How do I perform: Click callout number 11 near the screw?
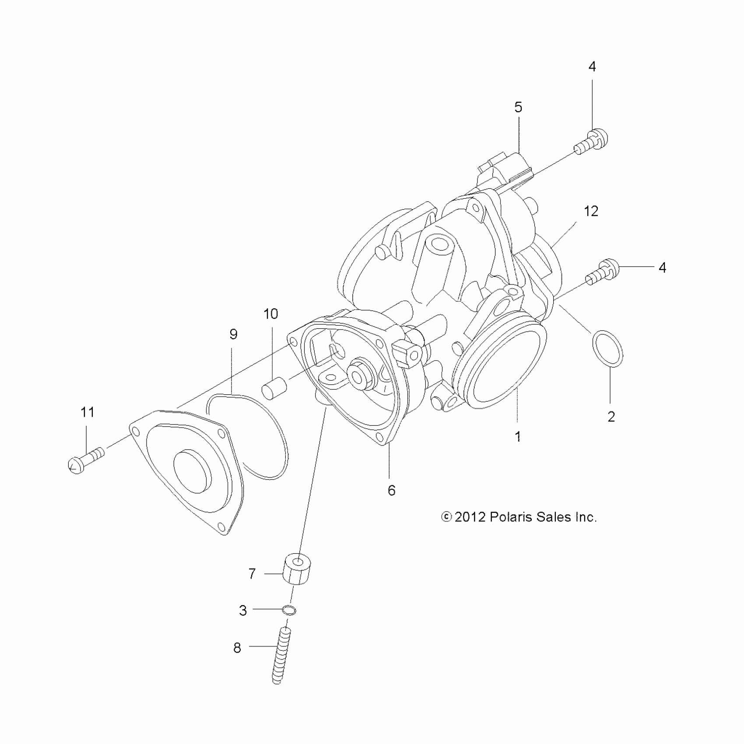point(88,412)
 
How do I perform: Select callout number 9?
point(233,334)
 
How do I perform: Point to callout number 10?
point(270,314)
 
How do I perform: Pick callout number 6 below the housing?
point(391,491)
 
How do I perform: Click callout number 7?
point(252,574)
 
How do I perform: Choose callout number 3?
point(243,610)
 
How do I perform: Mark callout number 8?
point(237,648)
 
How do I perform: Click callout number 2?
point(611,416)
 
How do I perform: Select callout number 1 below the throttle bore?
point(518,436)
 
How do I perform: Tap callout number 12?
point(591,211)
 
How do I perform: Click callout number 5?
point(518,107)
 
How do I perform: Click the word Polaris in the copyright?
point(511,517)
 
